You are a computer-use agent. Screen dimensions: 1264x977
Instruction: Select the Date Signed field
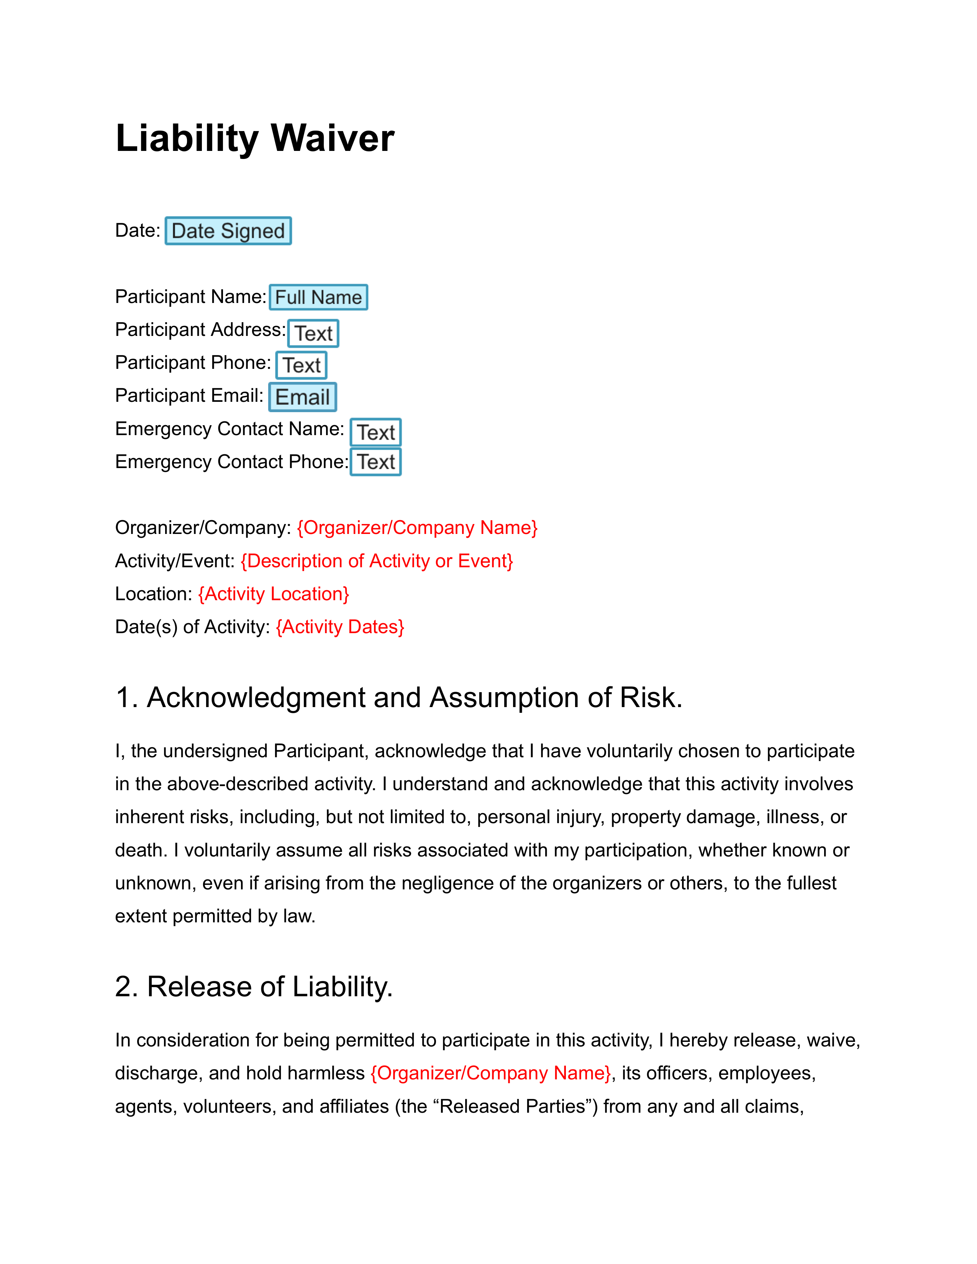pos(228,231)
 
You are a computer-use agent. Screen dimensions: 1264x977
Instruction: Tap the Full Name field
pos(318,298)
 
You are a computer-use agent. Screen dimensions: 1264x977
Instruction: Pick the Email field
pos(302,398)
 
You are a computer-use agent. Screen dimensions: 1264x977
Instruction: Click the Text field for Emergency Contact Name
pos(375,432)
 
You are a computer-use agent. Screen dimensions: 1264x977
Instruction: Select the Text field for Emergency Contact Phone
pos(375,462)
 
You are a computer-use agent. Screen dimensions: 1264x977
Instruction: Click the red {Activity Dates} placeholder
pos(340,627)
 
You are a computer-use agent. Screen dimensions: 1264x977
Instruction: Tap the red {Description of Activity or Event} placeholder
pos(377,561)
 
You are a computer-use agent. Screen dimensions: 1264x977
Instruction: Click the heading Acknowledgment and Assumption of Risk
pos(399,697)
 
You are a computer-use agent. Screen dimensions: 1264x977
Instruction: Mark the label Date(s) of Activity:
pos(193,627)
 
